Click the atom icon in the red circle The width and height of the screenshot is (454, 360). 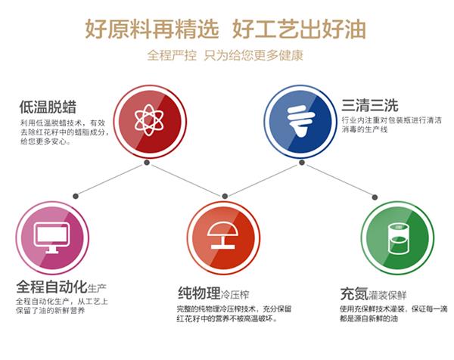click(149, 120)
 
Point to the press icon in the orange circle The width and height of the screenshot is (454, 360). click(223, 235)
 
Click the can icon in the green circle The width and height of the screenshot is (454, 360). click(399, 238)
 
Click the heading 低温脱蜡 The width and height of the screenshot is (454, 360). click(48, 107)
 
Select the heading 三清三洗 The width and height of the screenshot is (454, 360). click(370, 105)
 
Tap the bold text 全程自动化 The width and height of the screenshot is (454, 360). click(51, 287)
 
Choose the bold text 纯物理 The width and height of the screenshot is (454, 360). click(199, 293)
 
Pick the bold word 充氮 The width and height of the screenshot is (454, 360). click(354, 293)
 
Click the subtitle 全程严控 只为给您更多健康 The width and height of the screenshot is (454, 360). click(225, 55)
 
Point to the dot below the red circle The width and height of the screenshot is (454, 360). click(147, 163)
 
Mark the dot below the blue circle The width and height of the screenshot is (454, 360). click(302, 163)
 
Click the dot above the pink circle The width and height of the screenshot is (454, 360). click(76, 196)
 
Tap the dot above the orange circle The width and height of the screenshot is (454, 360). click(225, 196)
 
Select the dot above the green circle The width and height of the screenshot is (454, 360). click(375, 197)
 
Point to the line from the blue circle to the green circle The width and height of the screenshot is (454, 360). click(338, 180)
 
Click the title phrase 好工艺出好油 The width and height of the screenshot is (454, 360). click(299, 29)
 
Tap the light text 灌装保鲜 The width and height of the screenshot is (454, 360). click(387, 295)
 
